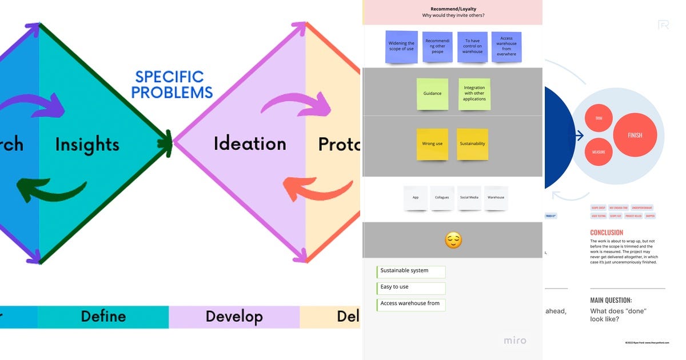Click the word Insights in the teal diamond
tap(87, 144)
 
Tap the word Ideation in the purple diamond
tap(250, 143)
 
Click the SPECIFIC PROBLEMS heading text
tap(172, 85)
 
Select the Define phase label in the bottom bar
tap(103, 316)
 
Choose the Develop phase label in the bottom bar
tap(234, 316)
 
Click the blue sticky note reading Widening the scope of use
tap(401, 46)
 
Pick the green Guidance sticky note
tap(432, 94)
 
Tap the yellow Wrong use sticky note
tap(432, 144)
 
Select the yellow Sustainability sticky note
tap(472, 144)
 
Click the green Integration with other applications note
tap(474, 94)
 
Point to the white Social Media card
tap(469, 198)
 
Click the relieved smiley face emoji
tap(453, 240)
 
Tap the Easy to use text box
tap(411, 287)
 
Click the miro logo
tap(514, 341)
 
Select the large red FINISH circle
tap(635, 135)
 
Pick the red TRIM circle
tap(599, 118)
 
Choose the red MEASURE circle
tap(599, 152)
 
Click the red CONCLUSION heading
tap(607, 233)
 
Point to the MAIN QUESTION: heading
tap(611, 300)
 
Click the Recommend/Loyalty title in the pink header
tap(453, 9)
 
